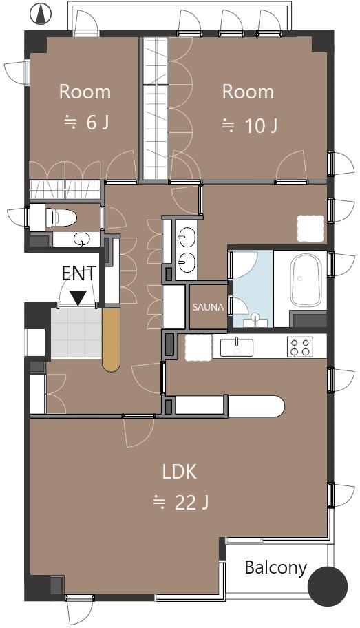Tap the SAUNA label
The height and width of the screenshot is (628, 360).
click(208, 308)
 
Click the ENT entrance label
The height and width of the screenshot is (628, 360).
click(79, 274)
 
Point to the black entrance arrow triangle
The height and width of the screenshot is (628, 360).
click(78, 297)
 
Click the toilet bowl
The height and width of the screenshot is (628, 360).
click(60, 218)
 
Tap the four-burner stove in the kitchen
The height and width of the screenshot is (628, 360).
click(301, 347)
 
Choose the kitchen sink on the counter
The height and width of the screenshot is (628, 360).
click(237, 347)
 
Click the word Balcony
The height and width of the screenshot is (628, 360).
click(275, 567)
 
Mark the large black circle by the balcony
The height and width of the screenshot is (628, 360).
click(328, 587)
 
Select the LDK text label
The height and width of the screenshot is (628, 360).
click(180, 472)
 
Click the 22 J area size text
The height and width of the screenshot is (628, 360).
click(182, 502)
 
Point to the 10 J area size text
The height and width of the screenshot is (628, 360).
click(250, 126)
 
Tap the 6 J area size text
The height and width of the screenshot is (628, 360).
click(87, 122)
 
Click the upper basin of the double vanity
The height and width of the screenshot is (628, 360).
click(187, 237)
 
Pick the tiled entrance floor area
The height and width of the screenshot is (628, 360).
click(76, 333)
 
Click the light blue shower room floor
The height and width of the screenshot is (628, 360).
click(253, 289)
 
